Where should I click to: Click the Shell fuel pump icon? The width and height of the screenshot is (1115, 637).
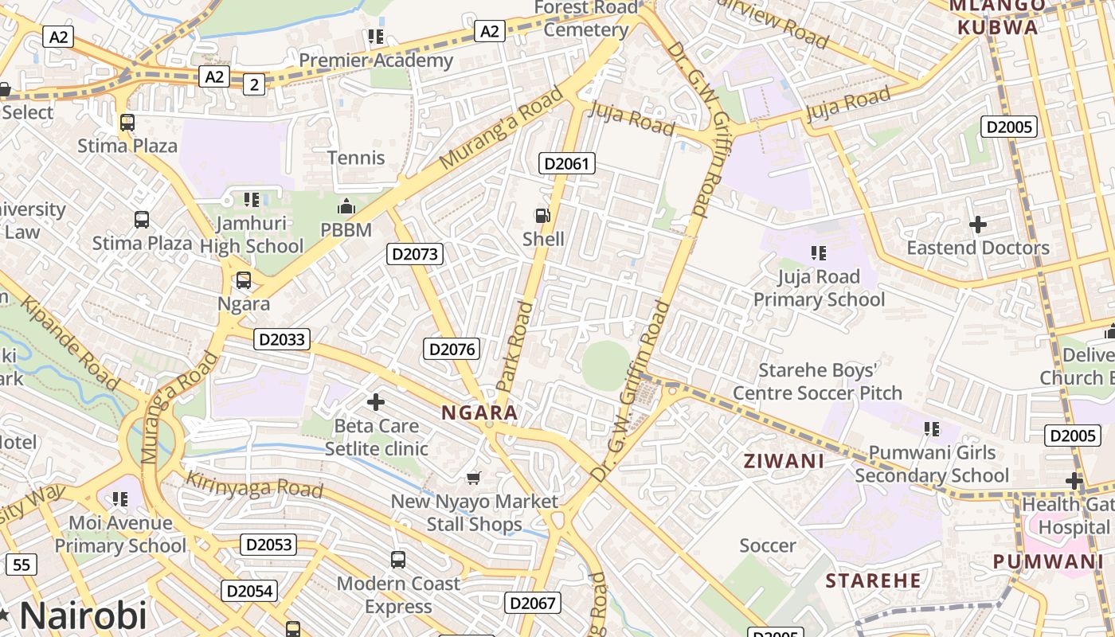point(542,215)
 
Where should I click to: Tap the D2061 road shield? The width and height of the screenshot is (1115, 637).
point(566,164)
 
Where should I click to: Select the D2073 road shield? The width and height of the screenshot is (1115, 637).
point(415,254)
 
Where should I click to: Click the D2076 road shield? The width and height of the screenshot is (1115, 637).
point(452,349)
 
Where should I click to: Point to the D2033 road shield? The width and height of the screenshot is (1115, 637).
point(282,339)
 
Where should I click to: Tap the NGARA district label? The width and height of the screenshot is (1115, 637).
point(479,412)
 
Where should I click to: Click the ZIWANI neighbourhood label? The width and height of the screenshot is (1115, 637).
point(784,460)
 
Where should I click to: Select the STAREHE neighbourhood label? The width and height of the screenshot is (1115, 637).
point(873,580)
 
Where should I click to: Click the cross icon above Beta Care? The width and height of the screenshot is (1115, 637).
point(375,402)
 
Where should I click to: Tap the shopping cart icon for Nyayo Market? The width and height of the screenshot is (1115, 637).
point(474,478)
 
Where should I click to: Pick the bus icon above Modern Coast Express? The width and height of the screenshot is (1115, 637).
point(398,560)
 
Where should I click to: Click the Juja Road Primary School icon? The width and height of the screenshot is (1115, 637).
point(818,253)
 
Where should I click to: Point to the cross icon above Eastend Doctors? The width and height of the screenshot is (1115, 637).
point(978,225)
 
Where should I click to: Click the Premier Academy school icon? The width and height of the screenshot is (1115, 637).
point(375,36)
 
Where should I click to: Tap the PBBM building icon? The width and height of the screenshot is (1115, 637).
point(346,207)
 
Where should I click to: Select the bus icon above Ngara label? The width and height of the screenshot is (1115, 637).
point(244,280)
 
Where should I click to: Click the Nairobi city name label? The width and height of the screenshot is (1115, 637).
point(83,616)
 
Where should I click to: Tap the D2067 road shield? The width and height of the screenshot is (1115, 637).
point(532,603)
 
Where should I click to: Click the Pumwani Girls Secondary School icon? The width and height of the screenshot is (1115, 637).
point(931,429)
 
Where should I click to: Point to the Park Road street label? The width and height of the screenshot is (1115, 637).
point(516,346)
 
